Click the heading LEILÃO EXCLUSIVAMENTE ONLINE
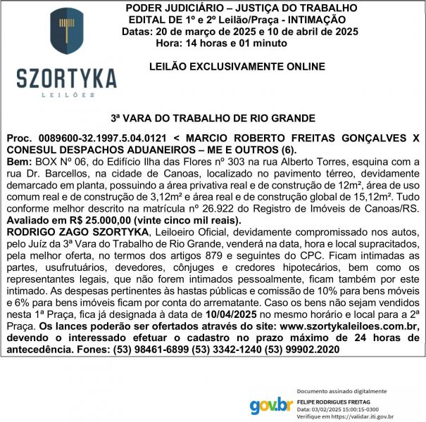[x=237, y=67]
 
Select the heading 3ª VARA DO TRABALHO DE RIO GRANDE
[x=213, y=118]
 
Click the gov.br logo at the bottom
[x=271, y=406]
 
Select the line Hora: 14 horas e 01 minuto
[x=221, y=43]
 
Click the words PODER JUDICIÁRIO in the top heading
[x=165, y=7]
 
